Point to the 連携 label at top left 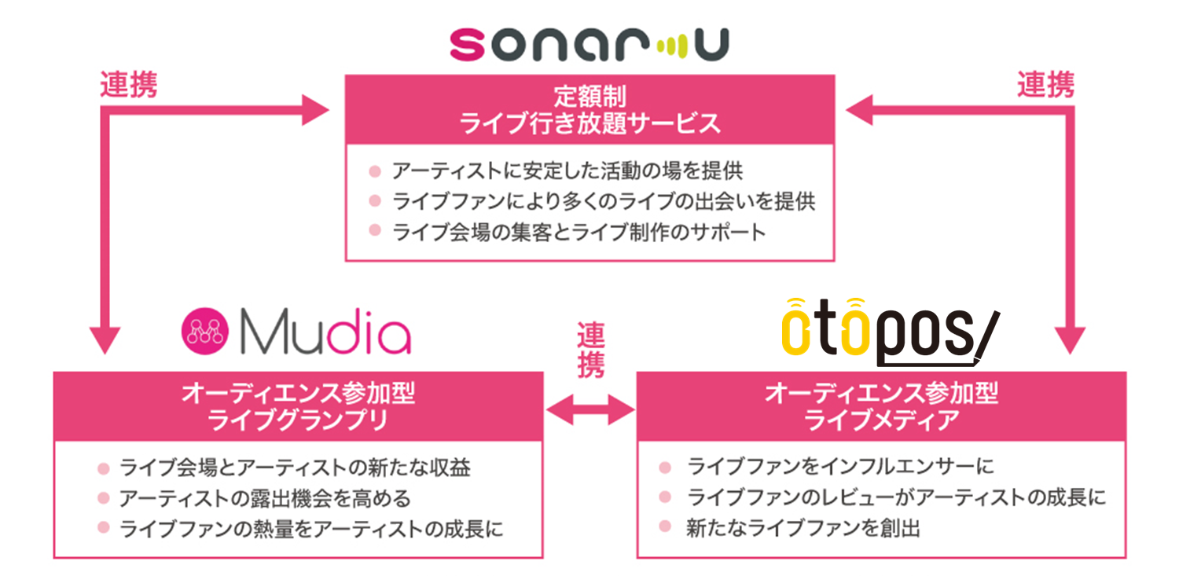pyautogui.click(x=128, y=85)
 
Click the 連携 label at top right pyautogui.click(x=1046, y=85)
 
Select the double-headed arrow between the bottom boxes pyautogui.click(x=590, y=409)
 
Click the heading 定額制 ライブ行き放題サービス pyautogui.click(x=589, y=109)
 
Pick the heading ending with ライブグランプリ pyautogui.click(x=298, y=406)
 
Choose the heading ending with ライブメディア pyautogui.click(x=881, y=406)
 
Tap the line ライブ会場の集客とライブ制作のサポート pyautogui.click(x=579, y=232)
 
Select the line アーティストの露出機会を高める pyautogui.click(x=265, y=498)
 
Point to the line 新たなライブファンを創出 pyautogui.click(x=803, y=528)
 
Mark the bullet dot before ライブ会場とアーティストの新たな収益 pyautogui.click(x=103, y=469)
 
